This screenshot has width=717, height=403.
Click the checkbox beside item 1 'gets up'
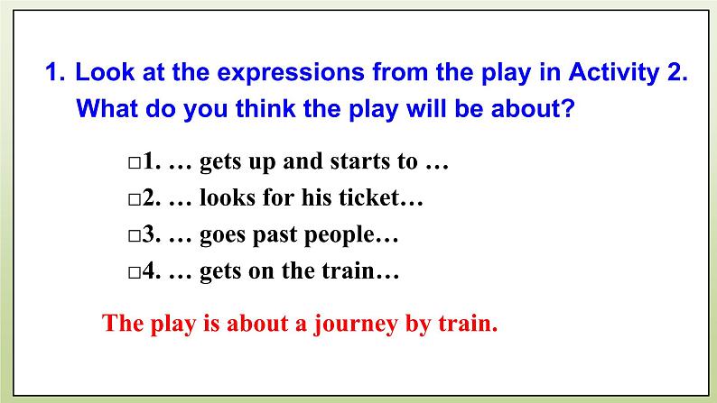[134, 165]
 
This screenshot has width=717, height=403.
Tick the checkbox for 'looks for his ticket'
[134, 201]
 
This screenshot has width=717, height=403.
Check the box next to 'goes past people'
[134, 237]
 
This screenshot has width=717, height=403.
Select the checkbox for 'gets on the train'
[134, 273]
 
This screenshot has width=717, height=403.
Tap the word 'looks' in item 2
[229, 199]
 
